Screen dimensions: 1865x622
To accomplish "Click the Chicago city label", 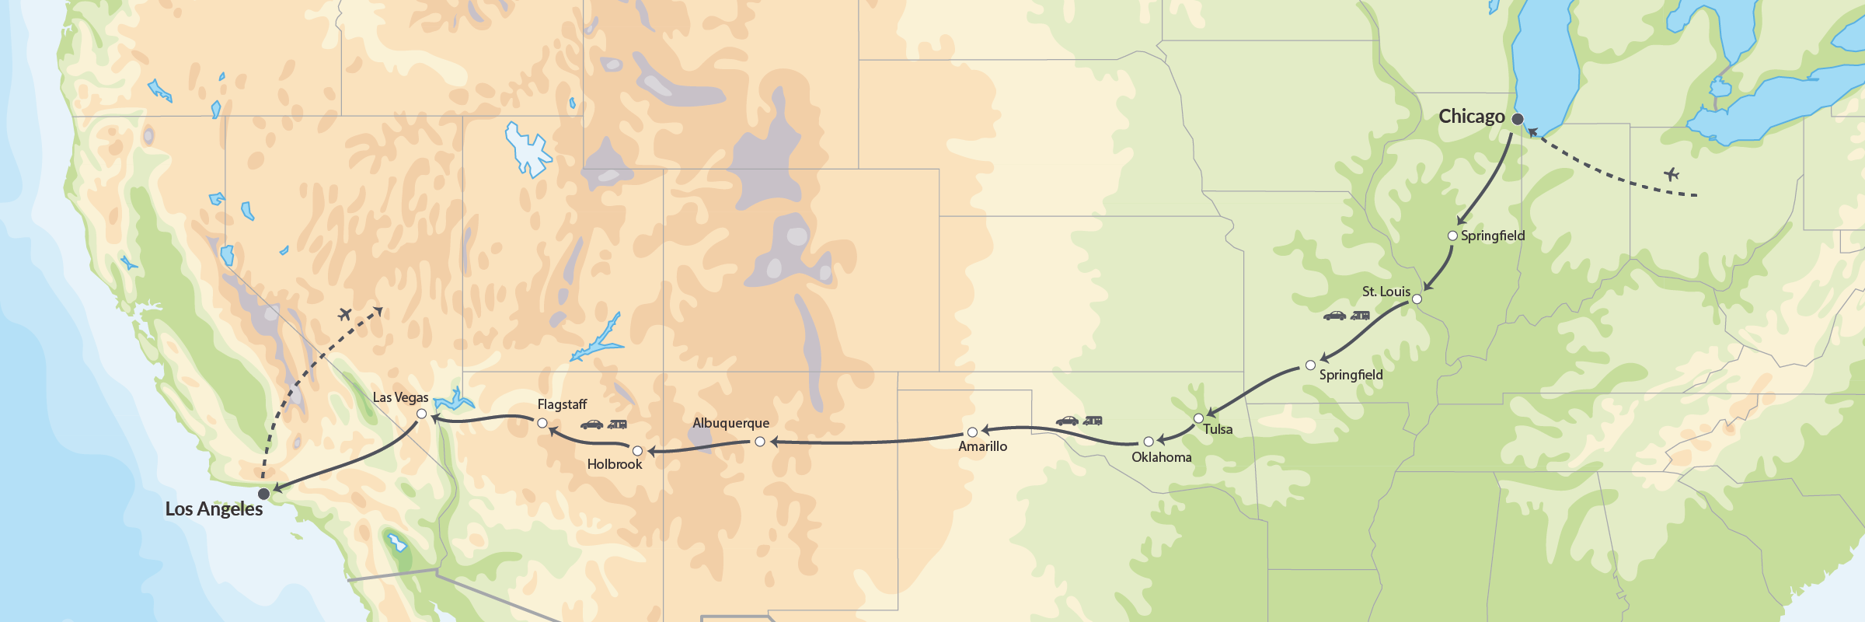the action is tap(1471, 117).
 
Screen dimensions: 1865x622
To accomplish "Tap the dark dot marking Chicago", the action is tap(1518, 119).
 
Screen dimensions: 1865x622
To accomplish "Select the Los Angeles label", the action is tap(214, 509).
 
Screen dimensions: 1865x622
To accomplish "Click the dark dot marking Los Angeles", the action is tap(264, 494).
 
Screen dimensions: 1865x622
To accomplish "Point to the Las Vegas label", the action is tap(400, 397).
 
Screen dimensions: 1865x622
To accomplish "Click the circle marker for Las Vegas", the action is tap(422, 414).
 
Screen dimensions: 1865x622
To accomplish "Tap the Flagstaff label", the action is tap(562, 404).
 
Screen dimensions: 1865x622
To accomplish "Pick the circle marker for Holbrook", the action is tap(637, 451).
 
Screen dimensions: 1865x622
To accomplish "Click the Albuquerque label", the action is tap(730, 423).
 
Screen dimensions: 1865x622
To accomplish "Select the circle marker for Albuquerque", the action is tap(760, 442).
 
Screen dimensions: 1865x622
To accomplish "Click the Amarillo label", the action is tap(982, 446).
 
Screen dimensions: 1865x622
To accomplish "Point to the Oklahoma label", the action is tap(1161, 457).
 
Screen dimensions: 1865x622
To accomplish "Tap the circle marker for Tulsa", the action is tap(1198, 418).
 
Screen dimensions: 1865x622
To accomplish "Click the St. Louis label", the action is tap(1386, 292).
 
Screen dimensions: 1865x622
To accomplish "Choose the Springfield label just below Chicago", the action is tap(1492, 236).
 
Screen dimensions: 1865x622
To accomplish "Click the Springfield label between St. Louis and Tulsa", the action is tap(1351, 375).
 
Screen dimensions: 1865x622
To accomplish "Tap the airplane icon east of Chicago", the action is tap(1672, 174).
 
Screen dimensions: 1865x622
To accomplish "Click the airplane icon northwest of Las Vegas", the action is tap(345, 314).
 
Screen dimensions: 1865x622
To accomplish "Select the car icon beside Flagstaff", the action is tap(592, 425).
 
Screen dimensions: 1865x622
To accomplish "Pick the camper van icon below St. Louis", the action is tap(1360, 316).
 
